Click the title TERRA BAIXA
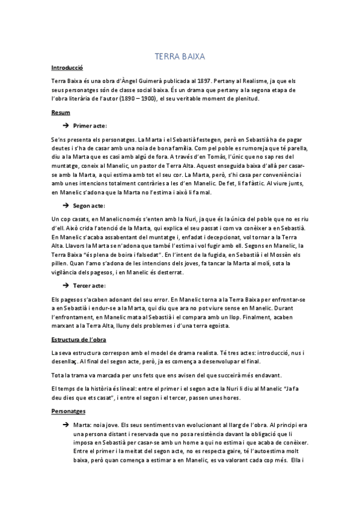(180, 57)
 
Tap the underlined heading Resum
(61, 112)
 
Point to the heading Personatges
(69, 411)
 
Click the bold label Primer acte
(90, 126)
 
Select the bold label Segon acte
(89, 206)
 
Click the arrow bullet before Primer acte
(66, 126)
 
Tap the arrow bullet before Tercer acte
(66, 285)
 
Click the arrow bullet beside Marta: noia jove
(66, 425)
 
